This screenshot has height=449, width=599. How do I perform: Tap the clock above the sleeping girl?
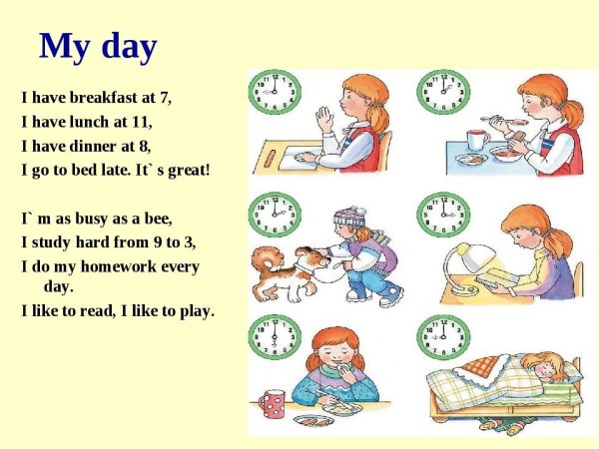tap(443, 337)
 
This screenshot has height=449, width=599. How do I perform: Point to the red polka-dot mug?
tap(272, 405)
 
